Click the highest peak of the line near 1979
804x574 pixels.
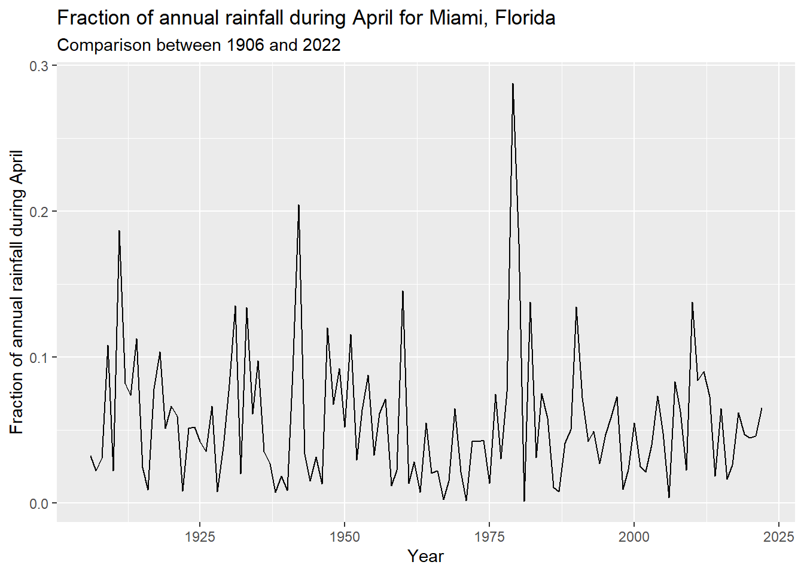click(x=513, y=84)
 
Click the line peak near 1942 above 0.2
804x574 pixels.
click(x=299, y=205)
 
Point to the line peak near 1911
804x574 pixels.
click(x=119, y=231)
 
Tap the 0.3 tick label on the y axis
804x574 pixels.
click(x=39, y=66)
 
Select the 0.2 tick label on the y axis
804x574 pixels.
click(x=39, y=212)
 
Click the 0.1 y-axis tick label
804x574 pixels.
click(x=39, y=358)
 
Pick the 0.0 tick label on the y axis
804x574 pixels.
click(x=39, y=503)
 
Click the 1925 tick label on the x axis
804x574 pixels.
click(x=200, y=536)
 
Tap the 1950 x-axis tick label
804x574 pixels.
click(x=345, y=536)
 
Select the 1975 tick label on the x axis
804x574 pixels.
click(x=489, y=536)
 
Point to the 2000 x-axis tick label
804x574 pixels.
click(x=634, y=536)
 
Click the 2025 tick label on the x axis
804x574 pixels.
click(x=779, y=536)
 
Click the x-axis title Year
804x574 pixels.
click(x=425, y=556)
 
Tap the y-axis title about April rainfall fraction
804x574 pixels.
click(x=17, y=292)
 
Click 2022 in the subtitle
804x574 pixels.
click(x=321, y=45)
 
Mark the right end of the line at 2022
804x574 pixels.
click(x=762, y=408)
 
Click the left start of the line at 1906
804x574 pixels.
click(x=91, y=456)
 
